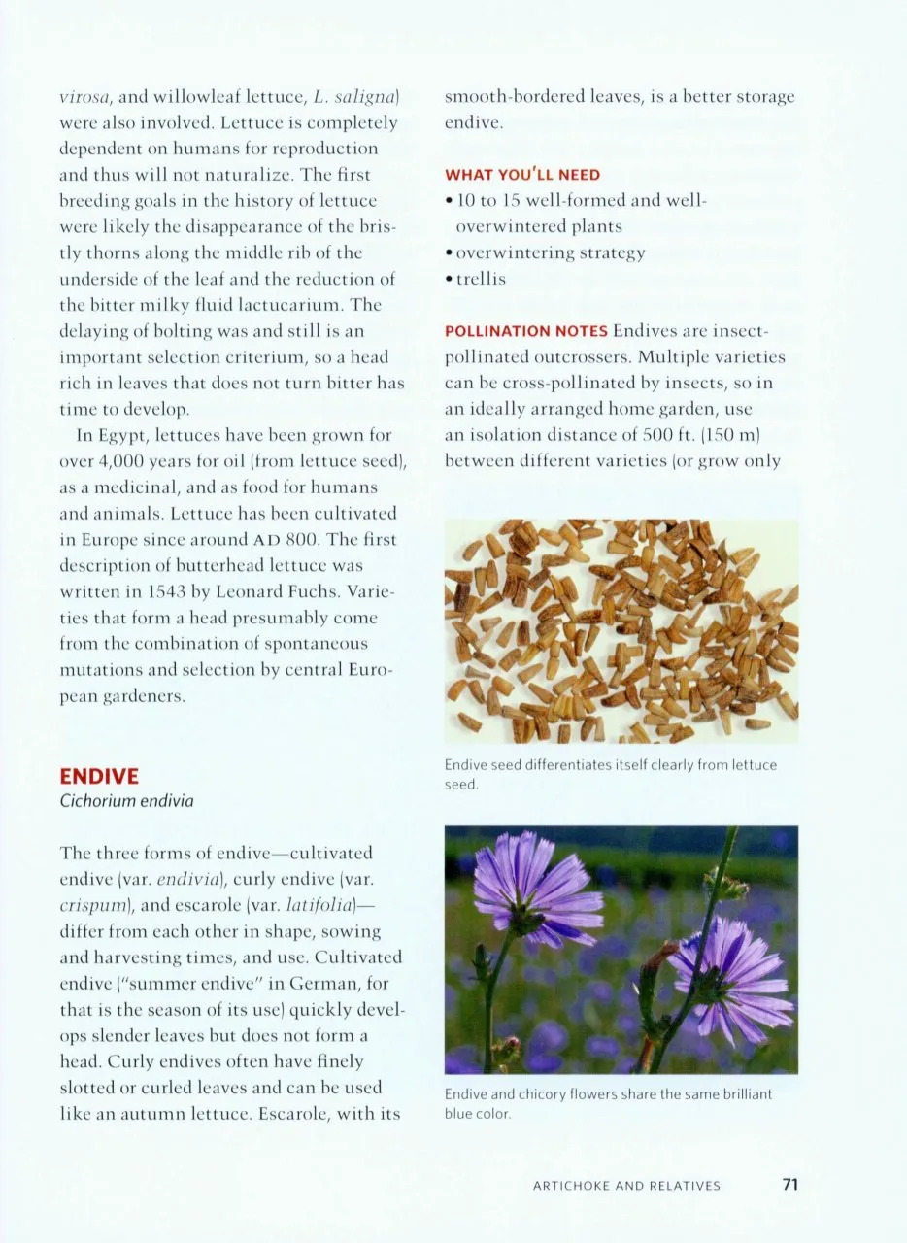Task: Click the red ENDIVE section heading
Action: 99,776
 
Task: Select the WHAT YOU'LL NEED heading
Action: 522,175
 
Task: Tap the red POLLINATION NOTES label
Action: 525,331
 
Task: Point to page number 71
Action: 789,1184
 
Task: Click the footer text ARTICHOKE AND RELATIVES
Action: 626,1185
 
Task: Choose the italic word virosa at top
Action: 85,97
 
